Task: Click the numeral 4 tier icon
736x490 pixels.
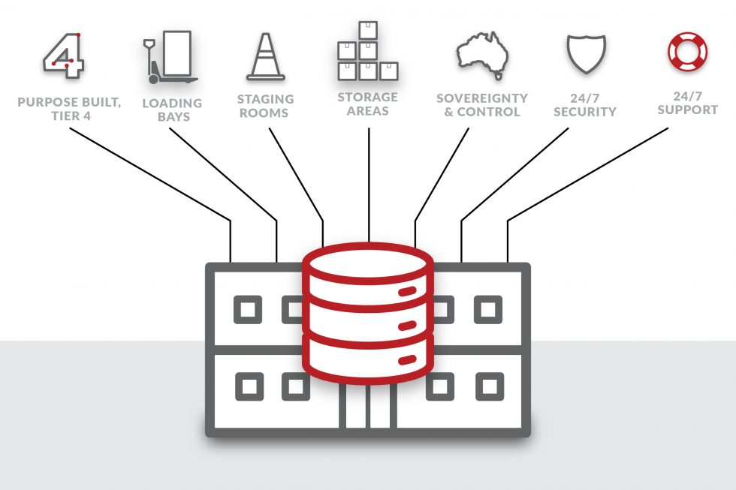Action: tap(62, 56)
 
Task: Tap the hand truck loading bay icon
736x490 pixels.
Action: tap(170, 57)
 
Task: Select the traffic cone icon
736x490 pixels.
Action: tap(266, 57)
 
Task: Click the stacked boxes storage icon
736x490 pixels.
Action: tap(367, 52)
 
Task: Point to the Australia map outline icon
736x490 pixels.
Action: tap(481, 56)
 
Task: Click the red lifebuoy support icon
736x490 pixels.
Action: tap(687, 51)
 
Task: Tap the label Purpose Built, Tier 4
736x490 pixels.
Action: tap(69, 109)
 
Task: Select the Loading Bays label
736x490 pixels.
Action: tap(172, 110)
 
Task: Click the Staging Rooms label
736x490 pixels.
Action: tap(265, 106)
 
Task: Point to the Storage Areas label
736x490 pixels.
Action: tap(367, 104)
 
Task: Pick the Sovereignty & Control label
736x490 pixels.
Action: tap(481, 105)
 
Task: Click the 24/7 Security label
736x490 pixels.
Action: tap(584, 105)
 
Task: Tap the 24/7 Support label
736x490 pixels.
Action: tap(687, 103)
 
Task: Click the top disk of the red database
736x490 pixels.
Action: tap(367, 263)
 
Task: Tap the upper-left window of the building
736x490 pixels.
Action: tap(247, 309)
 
